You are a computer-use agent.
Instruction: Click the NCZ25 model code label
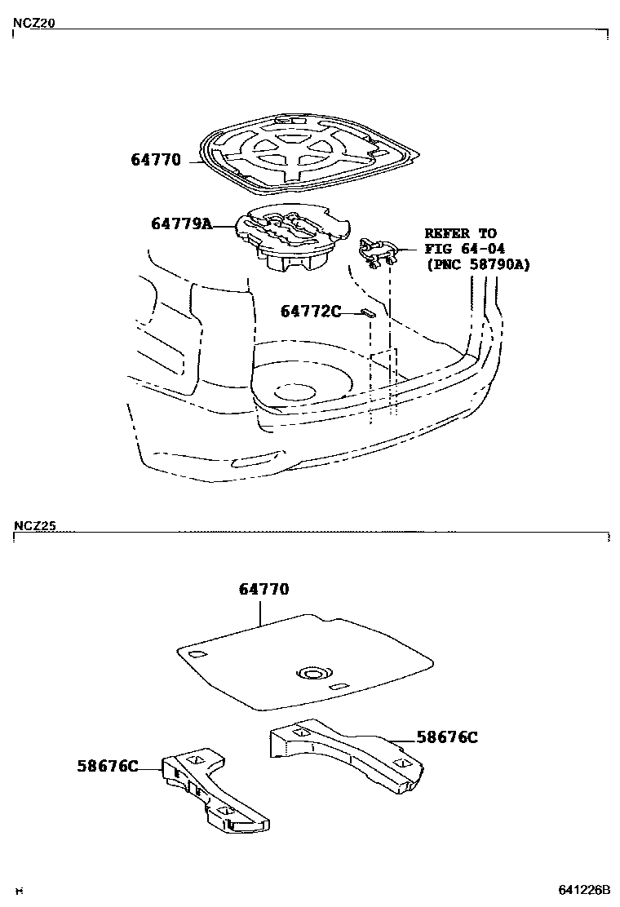tap(33, 526)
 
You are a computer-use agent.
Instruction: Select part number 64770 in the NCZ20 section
tap(155, 160)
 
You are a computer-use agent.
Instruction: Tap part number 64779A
tap(181, 223)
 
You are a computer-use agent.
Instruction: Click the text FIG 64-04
tap(460, 249)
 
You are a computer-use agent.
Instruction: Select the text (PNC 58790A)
tap(477, 264)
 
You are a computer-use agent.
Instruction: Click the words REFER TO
tap(460, 233)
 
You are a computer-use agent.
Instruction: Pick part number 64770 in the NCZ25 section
tap(263, 589)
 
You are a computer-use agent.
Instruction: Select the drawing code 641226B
tap(584, 889)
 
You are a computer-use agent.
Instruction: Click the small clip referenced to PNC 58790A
tap(379, 252)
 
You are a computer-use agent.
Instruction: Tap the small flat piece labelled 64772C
tap(368, 312)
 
